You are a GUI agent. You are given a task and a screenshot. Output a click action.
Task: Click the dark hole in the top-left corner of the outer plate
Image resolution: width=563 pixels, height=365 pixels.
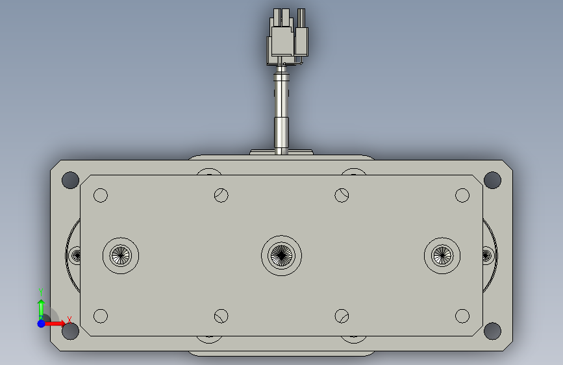click(70, 180)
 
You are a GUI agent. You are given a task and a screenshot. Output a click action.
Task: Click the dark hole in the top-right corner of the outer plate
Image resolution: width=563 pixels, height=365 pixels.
click(492, 180)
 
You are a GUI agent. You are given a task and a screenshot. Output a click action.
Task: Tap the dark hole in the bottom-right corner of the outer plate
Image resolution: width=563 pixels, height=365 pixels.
click(492, 331)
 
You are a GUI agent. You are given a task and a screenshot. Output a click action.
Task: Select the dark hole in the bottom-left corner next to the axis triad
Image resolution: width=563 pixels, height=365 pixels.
click(71, 331)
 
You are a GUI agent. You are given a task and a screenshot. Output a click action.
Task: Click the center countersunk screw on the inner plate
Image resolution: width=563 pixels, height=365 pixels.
click(282, 255)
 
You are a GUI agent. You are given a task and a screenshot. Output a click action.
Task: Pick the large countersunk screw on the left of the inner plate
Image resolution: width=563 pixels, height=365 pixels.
click(121, 255)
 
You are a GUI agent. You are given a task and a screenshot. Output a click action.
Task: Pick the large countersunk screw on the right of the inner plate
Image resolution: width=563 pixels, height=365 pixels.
click(442, 255)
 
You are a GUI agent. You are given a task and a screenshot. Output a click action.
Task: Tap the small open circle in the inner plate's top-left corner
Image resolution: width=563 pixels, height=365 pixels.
click(101, 195)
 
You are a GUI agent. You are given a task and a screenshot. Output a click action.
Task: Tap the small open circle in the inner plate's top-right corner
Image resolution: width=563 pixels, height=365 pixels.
click(462, 195)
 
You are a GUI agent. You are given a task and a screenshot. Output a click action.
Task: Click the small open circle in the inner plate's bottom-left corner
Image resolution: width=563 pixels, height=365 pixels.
click(101, 316)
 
